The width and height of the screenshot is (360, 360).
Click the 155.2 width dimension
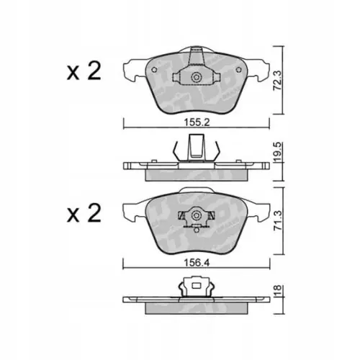tap(197, 122)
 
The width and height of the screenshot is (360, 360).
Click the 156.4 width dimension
tap(197, 263)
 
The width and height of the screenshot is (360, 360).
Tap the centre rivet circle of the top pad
tap(197, 77)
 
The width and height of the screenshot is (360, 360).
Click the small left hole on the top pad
tap(155, 70)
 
